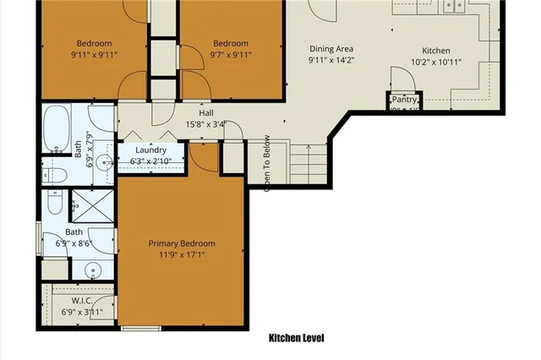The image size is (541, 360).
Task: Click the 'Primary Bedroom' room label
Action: (x=182, y=243)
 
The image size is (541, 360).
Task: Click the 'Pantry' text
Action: (x=405, y=99)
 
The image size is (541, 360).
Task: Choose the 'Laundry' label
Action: (x=154, y=150)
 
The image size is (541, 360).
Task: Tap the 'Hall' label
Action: (x=205, y=113)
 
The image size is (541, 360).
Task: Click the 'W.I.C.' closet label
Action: (x=82, y=300)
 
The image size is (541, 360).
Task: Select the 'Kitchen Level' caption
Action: (x=296, y=338)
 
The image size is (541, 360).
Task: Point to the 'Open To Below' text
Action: (x=266, y=163)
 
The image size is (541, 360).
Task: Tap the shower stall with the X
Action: (x=85, y=203)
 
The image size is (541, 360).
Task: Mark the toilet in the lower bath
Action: (x=52, y=204)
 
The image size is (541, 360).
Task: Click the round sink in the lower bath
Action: (x=93, y=270)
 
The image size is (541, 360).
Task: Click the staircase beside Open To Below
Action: (x=308, y=165)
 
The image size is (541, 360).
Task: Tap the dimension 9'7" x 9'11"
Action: (x=230, y=57)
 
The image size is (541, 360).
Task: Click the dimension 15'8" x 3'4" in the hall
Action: (x=206, y=125)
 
